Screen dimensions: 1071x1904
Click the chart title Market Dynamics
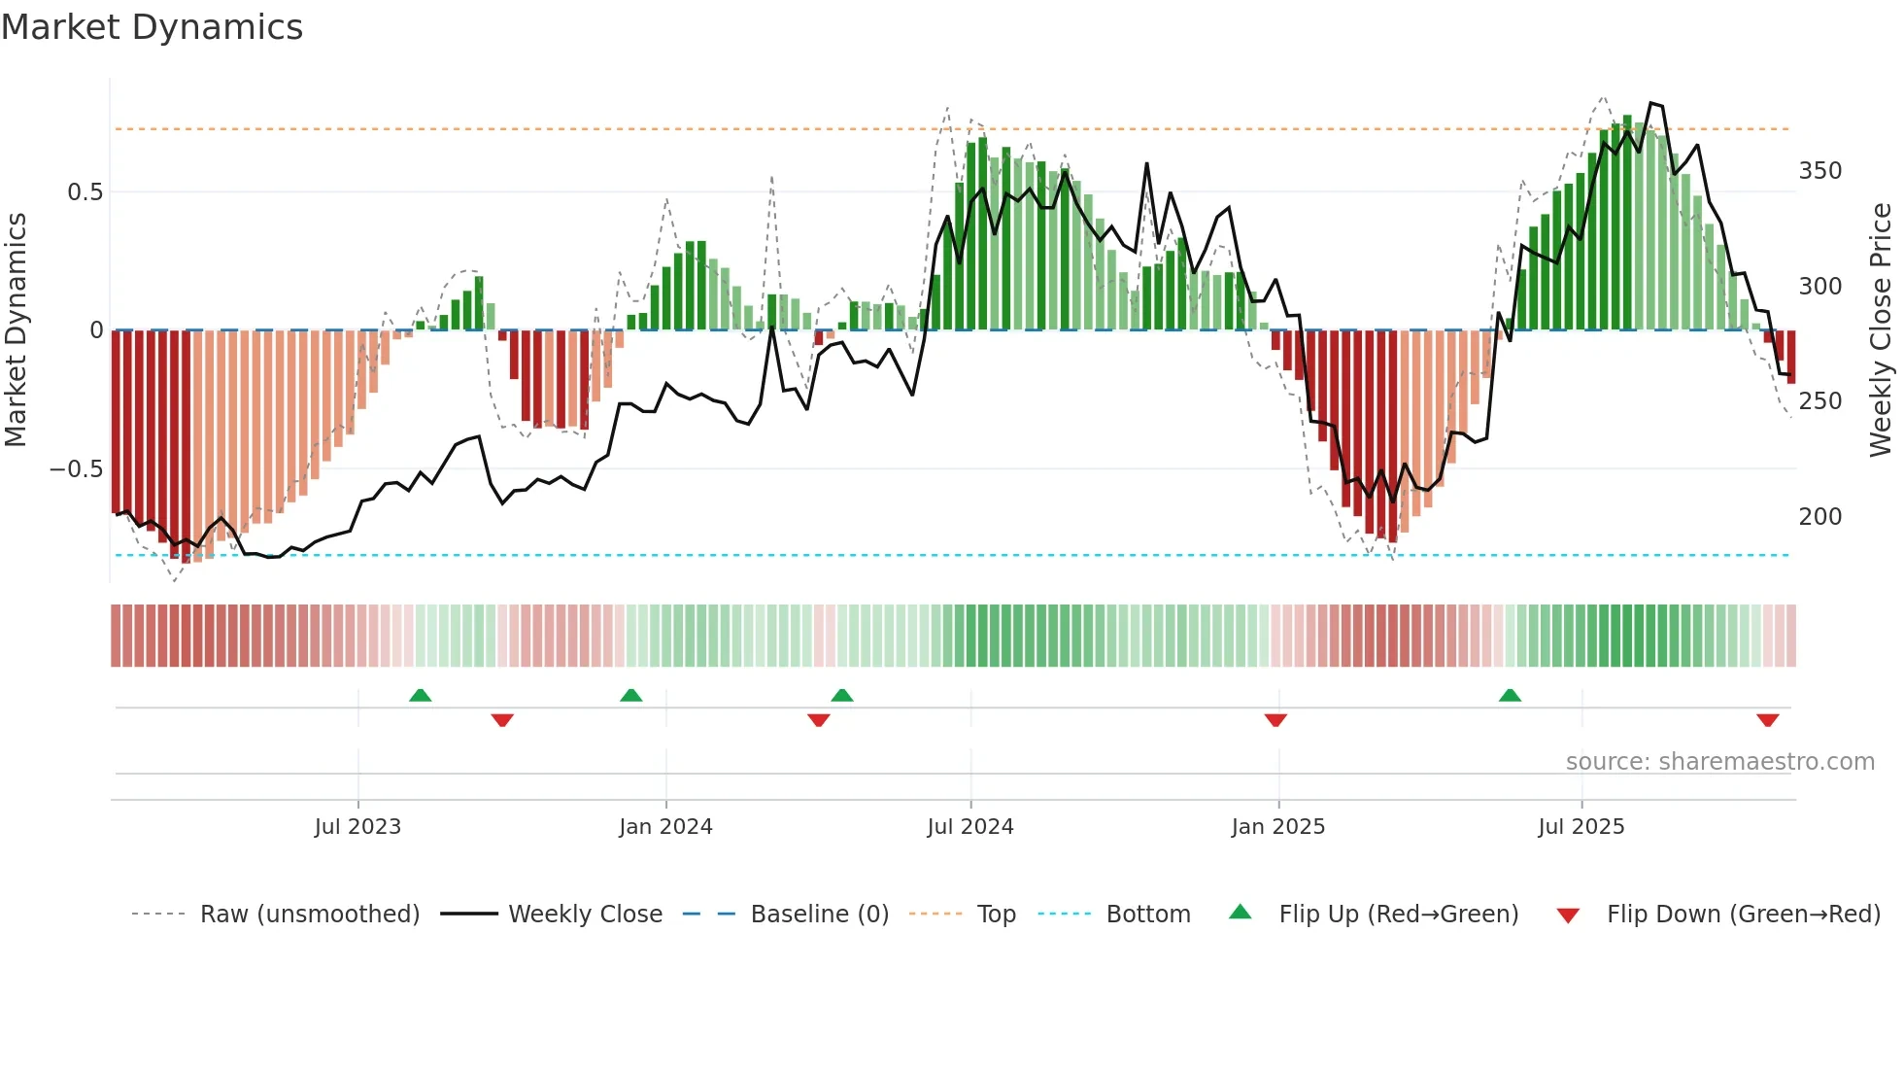(x=152, y=27)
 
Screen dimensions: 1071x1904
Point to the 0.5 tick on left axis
(x=85, y=192)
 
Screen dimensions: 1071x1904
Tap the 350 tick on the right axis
(x=1819, y=171)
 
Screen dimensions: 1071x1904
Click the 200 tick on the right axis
(x=1819, y=517)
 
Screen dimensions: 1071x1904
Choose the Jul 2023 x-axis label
(x=357, y=827)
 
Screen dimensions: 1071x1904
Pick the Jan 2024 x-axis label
(x=665, y=827)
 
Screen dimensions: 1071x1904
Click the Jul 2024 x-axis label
(x=969, y=827)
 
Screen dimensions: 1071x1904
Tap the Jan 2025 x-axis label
(x=1277, y=827)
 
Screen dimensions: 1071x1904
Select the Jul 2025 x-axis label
(x=1581, y=827)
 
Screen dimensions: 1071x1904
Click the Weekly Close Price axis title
(x=1881, y=330)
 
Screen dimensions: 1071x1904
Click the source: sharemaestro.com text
(x=1719, y=762)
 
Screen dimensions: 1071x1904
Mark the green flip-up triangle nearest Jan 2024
(x=631, y=696)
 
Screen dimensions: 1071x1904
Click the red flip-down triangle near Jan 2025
(x=1275, y=720)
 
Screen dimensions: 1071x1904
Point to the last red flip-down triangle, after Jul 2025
(x=1767, y=720)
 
